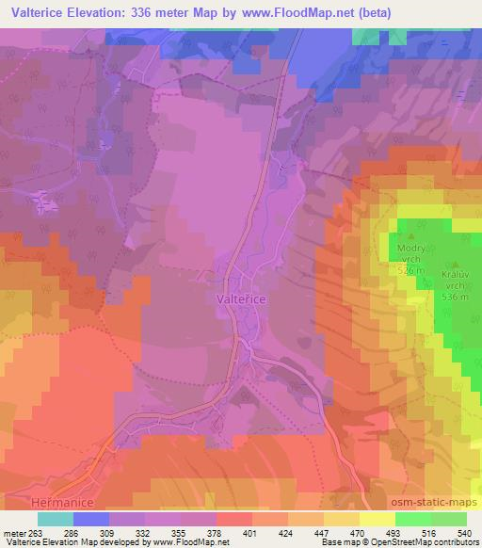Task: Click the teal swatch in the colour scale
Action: (56, 518)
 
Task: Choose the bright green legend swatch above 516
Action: (413, 518)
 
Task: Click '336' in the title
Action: (156, 11)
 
